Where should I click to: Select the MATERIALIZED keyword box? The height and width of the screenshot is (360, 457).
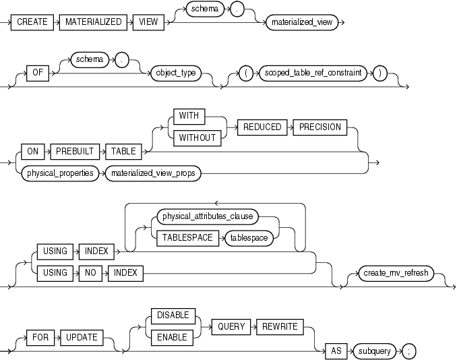(x=94, y=22)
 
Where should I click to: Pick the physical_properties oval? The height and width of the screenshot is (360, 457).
(x=60, y=173)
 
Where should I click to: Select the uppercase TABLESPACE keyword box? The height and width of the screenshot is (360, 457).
(x=187, y=237)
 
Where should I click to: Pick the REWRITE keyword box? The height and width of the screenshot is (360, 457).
(x=277, y=326)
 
